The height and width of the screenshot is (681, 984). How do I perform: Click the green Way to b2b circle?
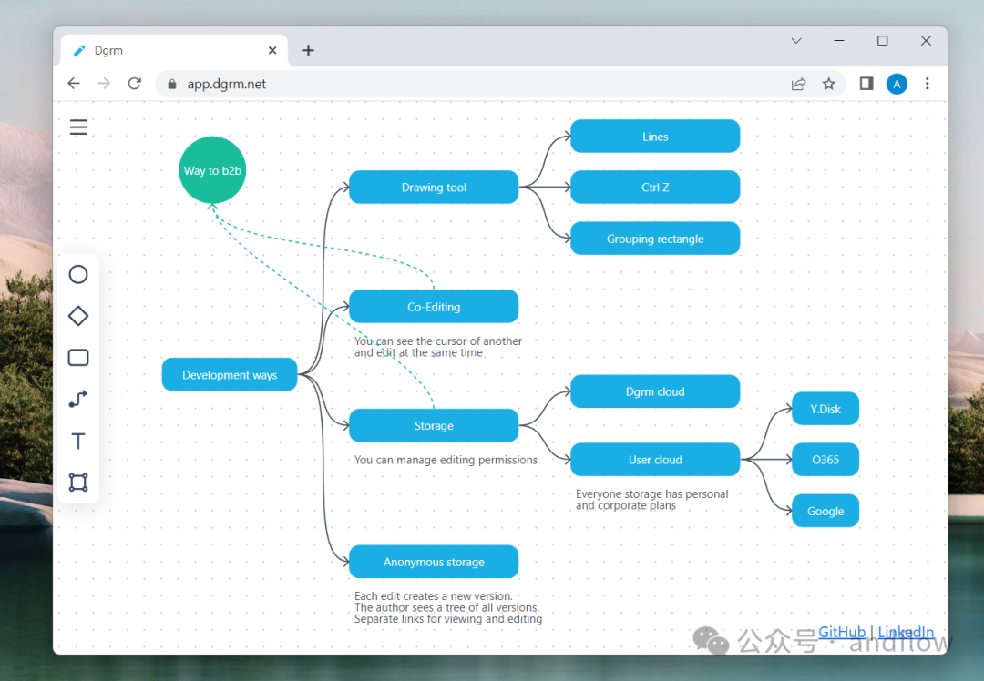pyautogui.click(x=212, y=170)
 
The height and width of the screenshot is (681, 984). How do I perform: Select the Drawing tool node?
pyautogui.click(x=434, y=188)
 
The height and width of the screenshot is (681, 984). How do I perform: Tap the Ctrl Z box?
pyautogui.click(x=655, y=188)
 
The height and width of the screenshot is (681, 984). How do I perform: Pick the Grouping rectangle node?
pyautogui.click(x=655, y=239)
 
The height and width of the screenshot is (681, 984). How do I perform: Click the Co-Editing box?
pyautogui.click(x=434, y=307)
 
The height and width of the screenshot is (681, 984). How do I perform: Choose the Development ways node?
pyautogui.click(x=230, y=375)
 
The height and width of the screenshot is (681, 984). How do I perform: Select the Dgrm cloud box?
pyautogui.click(x=655, y=391)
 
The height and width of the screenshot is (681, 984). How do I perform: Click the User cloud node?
pyautogui.click(x=655, y=460)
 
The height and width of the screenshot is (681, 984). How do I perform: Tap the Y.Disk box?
pyautogui.click(x=825, y=409)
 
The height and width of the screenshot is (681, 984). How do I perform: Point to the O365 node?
pyautogui.click(x=825, y=460)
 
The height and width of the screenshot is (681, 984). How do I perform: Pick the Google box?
pyautogui.click(x=825, y=511)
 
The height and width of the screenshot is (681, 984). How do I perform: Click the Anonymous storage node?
pyautogui.click(x=434, y=562)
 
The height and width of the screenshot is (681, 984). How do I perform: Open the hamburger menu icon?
pyautogui.click(x=79, y=127)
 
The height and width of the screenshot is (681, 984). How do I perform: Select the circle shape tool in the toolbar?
pyautogui.click(x=78, y=274)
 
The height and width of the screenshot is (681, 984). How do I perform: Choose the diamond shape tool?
pyautogui.click(x=78, y=316)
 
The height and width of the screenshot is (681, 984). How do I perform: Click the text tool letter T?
pyautogui.click(x=78, y=442)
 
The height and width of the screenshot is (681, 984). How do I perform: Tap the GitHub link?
pyautogui.click(x=842, y=632)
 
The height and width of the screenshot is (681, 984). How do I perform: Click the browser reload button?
pyautogui.click(x=135, y=84)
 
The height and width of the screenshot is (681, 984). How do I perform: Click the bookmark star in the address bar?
pyautogui.click(x=828, y=84)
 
